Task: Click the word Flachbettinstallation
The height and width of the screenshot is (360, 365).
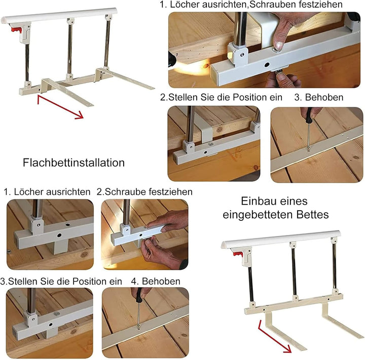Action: [x=74, y=163]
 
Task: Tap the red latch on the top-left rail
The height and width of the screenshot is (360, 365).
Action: [x=16, y=30]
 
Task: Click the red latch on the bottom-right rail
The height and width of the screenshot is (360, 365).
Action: [x=238, y=254]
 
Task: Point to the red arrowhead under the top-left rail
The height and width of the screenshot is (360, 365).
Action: [x=79, y=115]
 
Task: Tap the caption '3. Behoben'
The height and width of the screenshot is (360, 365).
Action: [x=319, y=97]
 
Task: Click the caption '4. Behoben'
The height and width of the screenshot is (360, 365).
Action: [x=156, y=281]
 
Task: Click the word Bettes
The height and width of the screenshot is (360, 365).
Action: [x=312, y=214]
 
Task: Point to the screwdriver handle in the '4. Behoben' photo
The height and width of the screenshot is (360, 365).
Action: [x=139, y=294]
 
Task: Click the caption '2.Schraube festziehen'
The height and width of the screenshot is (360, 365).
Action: [x=144, y=192]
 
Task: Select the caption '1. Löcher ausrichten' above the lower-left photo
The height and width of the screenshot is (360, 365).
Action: [x=47, y=192]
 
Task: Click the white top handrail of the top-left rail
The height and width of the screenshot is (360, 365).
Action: [x=59, y=16]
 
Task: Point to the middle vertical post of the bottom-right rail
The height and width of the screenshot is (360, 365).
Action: [x=294, y=271]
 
